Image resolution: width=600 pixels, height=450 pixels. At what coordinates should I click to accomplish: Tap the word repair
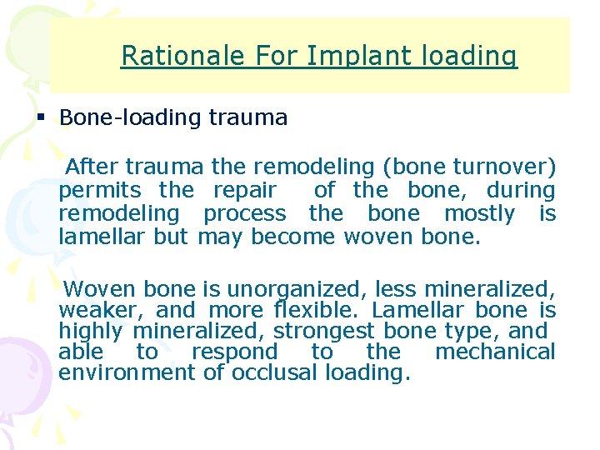pos(245,190)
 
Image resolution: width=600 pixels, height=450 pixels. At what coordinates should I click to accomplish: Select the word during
pos(520,190)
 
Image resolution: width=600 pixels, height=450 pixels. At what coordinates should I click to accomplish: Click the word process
pos(244,213)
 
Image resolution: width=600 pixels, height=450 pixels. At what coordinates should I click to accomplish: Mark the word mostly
pos(479,213)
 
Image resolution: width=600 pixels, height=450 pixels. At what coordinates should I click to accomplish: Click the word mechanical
pos(495,352)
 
